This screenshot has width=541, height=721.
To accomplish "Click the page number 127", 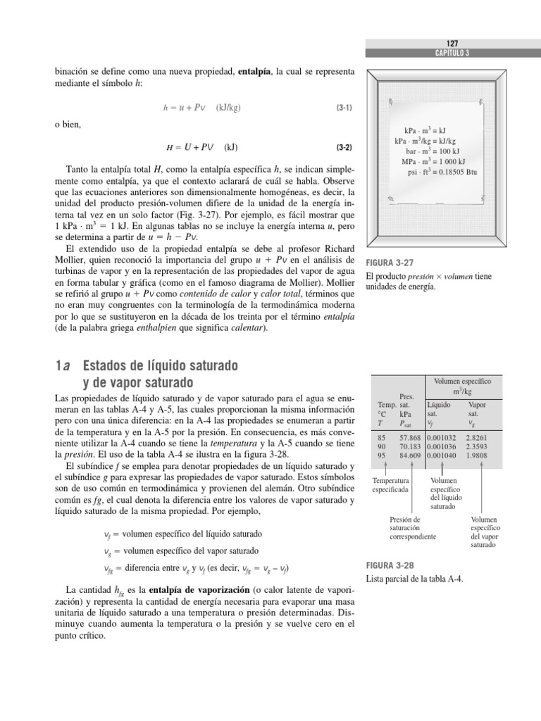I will [453, 43].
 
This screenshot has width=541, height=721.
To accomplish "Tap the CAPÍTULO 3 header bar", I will [453, 53].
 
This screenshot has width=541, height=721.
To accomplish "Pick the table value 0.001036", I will [443, 446].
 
